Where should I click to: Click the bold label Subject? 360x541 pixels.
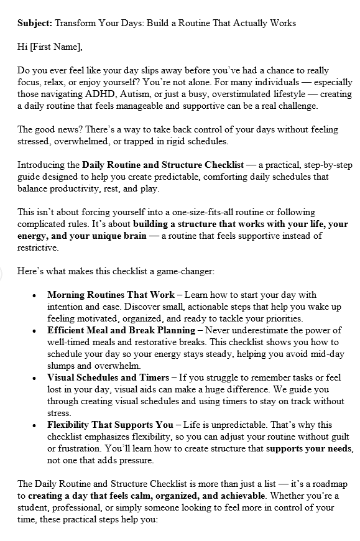pos(35,24)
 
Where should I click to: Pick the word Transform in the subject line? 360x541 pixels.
pos(76,24)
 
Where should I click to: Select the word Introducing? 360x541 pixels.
pos(48,165)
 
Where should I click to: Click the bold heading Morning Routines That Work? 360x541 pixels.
pos(111,294)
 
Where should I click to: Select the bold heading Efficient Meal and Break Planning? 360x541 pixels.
pos(121,330)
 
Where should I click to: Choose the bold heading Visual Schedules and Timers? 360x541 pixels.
pos(108,377)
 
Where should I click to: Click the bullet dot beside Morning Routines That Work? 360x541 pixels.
pos(34,295)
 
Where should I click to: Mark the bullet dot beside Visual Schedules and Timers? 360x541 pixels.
pos(34,378)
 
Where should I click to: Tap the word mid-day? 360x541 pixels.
pos(321,354)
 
